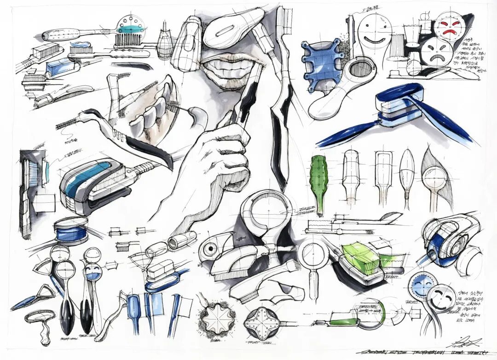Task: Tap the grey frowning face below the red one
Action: pos(433,53)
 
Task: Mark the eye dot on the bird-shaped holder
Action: pos(210,249)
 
